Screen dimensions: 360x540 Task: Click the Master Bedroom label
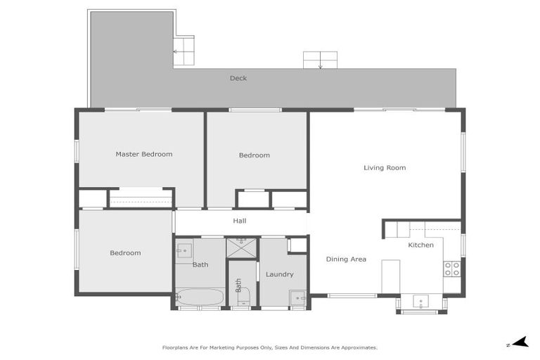pyautogui.click(x=143, y=154)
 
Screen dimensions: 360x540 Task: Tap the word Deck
pyautogui.click(x=238, y=78)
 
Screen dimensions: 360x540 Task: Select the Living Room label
pyautogui.click(x=385, y=168)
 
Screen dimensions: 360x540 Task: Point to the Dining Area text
pyautogui.click(x=346, y=259)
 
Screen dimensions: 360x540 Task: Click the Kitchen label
pyautogui.click(x=421, y=245)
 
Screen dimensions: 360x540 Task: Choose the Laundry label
pyautogui.click(x=279, y=274)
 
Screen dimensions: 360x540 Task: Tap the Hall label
pyautogui.click(x=240, y=221)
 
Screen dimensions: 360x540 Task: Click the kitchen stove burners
pyautogui.click(x=451, y=269)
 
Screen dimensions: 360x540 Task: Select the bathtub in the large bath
pyautogui.click(x=199, y=297)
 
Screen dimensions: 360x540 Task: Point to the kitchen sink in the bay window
pyautogui.click(x=420, y=303)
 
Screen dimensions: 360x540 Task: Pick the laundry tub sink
pyautogui.click(x=298, y=298)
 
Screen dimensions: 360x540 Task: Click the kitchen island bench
pyautogui.click(x=391, y=276)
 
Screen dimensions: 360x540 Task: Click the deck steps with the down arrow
pyautogui.click(x=320, y=60)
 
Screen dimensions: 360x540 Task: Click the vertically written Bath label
pyautogui.click(x=239, y=285)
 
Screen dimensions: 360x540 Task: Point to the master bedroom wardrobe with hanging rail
pyautogui.click(x=141, y=200)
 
